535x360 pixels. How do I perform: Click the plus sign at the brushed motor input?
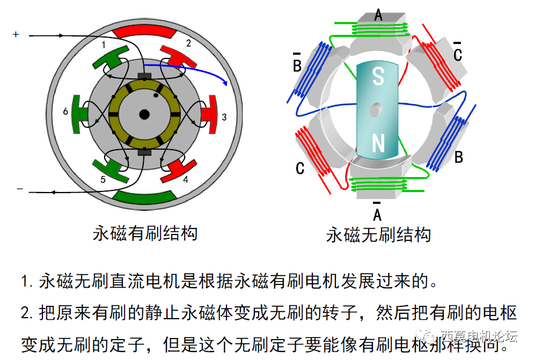(x=16, y=35)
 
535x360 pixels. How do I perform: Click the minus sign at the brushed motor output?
(x=20, y=189)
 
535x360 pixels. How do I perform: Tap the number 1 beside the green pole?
(x=104, y=45)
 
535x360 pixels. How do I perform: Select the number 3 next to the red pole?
(x=224, y=116)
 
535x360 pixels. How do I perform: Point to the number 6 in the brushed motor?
(x=65, y=112)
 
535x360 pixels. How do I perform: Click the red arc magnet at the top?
(x=144, y=33)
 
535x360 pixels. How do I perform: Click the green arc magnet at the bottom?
(x=144, y=198)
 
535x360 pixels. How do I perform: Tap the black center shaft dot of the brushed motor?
(x=144, y=114)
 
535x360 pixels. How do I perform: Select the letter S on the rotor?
(x=378, y=77)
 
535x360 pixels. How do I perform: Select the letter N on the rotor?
(x=378, y=143)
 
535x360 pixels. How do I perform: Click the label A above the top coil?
(x=378, y=14)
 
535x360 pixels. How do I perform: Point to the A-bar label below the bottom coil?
(x=377, y=213)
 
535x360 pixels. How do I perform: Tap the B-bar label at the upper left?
(x=297, y=64)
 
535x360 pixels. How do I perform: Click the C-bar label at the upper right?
(x=458, y=53)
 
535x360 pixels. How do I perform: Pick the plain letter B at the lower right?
(x=459, y=157)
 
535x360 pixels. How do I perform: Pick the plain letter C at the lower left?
(x=300, y=168)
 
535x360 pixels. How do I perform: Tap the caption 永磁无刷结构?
(x=378, y=235)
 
